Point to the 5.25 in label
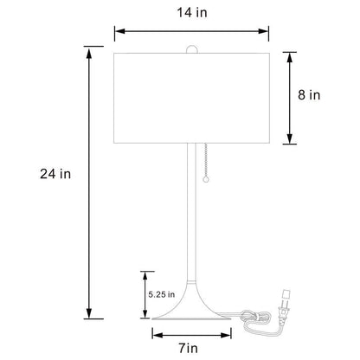(162, 293)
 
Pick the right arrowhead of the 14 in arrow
(268, 31)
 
